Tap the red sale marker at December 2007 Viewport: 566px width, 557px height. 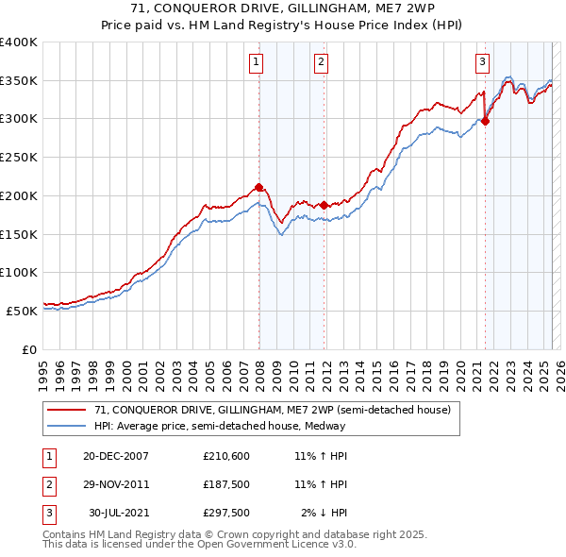(258, 187)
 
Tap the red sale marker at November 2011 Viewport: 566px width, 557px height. (324, 205)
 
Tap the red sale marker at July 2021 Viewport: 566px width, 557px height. (486, 120)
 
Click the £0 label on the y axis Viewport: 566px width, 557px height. (29, 349)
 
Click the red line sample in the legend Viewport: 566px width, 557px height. (67, 411)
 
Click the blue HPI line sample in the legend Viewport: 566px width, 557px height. (67, 426)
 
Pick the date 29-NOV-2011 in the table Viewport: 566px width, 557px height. (116, 484)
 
